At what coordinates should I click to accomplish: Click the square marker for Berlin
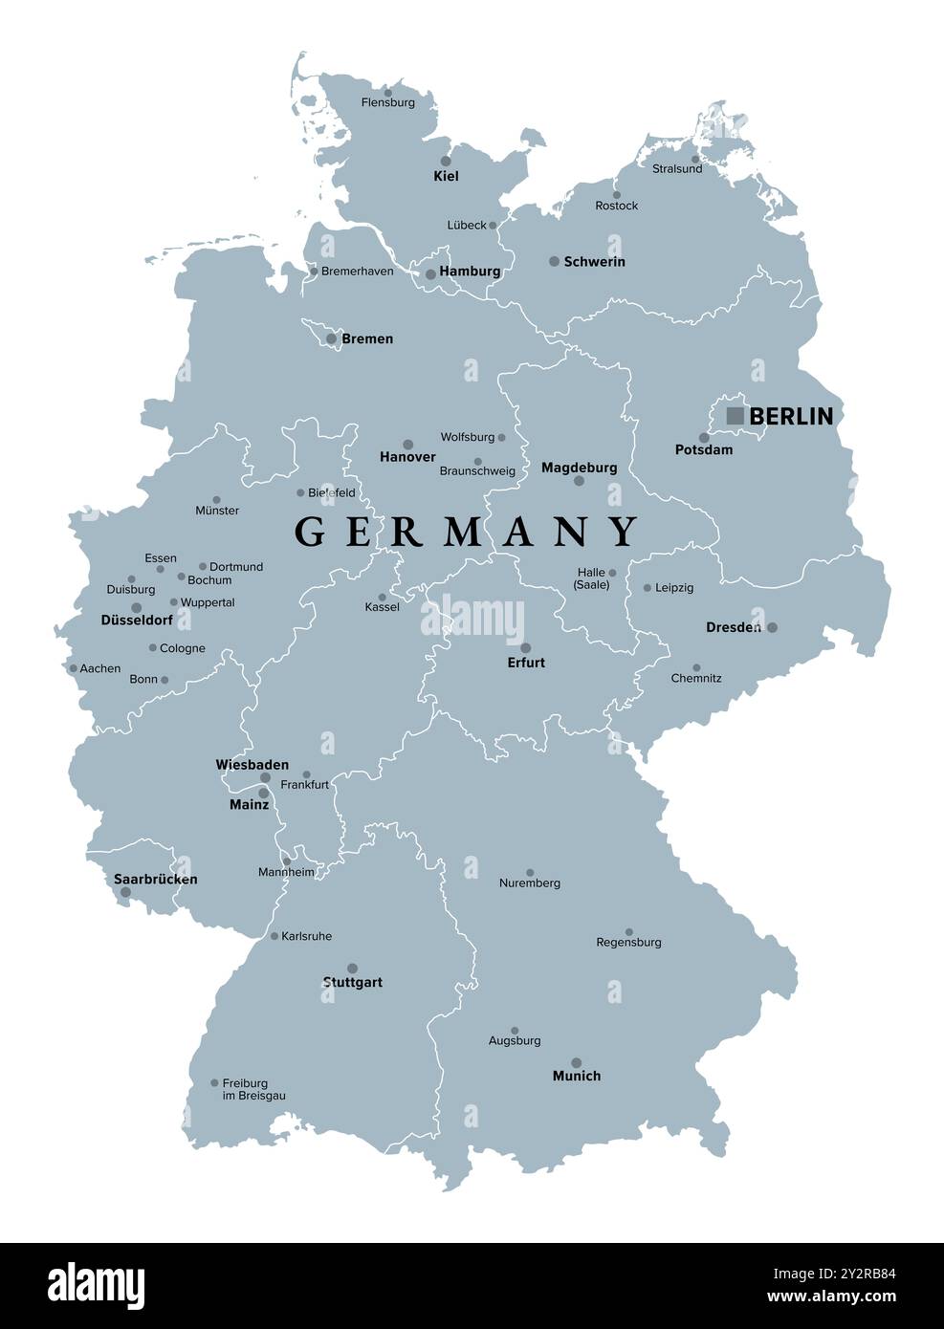click(735, 416)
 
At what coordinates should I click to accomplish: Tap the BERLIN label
click(791, 416)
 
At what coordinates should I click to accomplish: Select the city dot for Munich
click(576, 1062)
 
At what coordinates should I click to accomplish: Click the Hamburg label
click(470, 272)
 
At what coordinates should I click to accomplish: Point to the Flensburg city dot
click(387, 93)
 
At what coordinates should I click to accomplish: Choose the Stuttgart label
click(353, 983)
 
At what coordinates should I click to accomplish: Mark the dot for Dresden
click(773, 627)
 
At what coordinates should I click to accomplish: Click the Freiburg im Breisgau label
click(253, 1090)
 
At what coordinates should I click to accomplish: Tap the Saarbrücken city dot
click(123, 893)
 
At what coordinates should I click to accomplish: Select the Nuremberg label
click(530, 883)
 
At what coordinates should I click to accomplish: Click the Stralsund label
click(677, 169)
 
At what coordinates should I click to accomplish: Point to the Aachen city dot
click(73, 668)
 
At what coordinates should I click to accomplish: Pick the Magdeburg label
click(579, 468)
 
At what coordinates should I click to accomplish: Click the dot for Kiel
click(446, 161)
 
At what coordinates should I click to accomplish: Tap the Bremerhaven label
click(357, 272)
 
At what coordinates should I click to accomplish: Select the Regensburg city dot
click(629, 931)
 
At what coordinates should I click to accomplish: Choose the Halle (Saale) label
click(592, 578)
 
